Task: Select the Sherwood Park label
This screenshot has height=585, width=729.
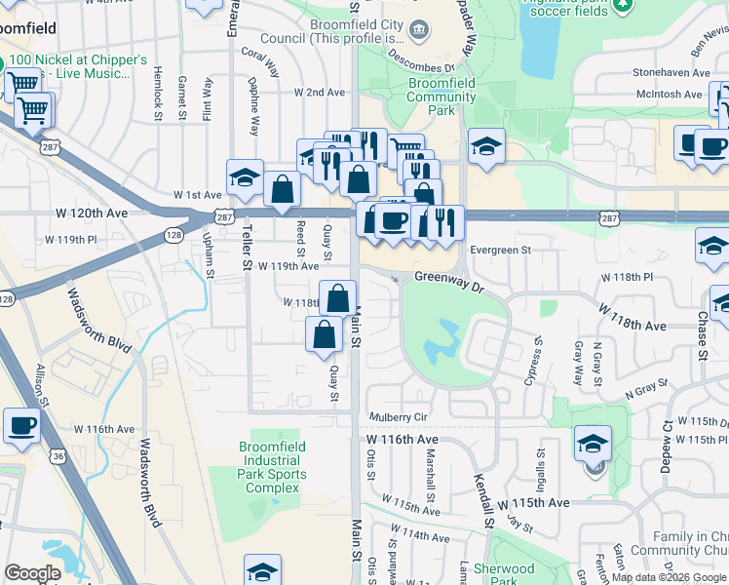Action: tap(504, 575)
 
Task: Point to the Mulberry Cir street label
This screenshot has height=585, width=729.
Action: tap(399, 417)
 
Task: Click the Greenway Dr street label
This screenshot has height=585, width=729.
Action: tap(449, 278)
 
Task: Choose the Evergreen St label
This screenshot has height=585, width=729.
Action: tap(499, 250)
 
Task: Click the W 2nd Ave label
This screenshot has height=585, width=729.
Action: tap(321, 92)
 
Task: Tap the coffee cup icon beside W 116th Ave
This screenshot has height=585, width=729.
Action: tap(21, 425)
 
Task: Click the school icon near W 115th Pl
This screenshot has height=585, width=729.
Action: tap(593, 444)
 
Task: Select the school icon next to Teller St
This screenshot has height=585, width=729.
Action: tap(245, 177)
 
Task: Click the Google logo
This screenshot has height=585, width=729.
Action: tap(32, 573)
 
